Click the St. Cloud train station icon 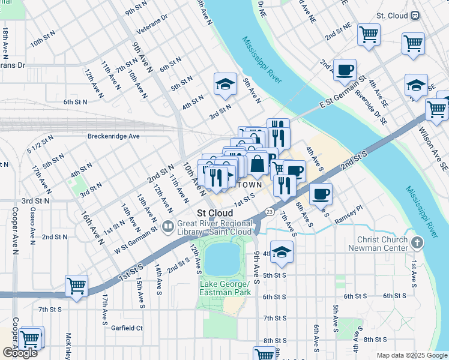(x=415, y=16)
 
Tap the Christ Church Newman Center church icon (x=418, y=243)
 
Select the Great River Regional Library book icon (x=169, y=227)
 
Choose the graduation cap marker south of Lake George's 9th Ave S (x=281, y=253)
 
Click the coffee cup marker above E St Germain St (x=345, y=69)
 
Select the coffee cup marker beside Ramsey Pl (x=321, y=194)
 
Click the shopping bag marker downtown (x=257, y=163)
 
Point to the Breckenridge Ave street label (x=113, y=136)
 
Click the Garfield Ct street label (x=127, y=328)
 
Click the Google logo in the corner (x=20, y=353)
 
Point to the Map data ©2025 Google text (x=412, y=355)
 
